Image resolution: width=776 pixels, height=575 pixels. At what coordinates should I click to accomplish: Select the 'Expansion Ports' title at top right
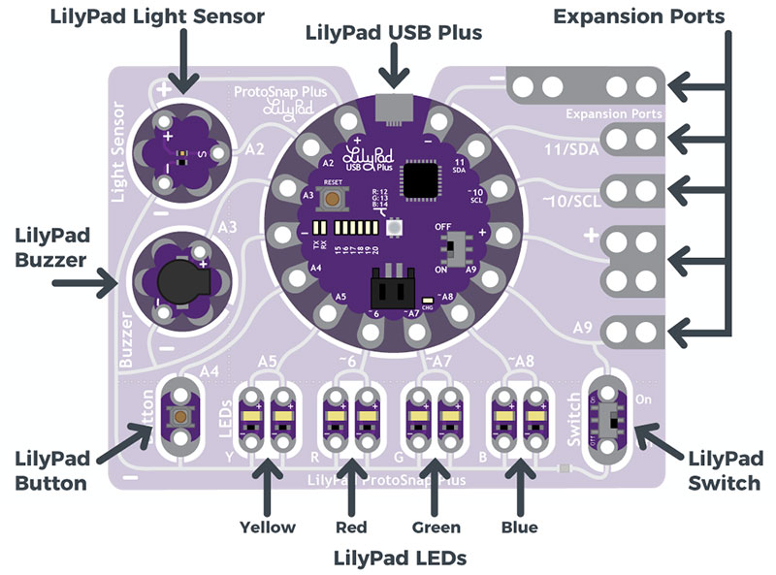coord(652,16)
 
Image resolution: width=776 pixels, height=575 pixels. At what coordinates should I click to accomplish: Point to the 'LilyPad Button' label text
coord(57,467)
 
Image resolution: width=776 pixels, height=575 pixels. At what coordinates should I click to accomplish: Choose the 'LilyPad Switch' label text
coord(723,467)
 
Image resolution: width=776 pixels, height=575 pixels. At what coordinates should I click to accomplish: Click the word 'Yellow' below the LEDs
coord(268,527)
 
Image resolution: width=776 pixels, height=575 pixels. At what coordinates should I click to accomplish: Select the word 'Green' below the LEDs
coord(436,527)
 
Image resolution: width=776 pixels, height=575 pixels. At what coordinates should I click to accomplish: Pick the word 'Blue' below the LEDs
coord(520,527)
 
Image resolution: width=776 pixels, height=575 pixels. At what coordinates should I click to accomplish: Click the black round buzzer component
coord(177,281)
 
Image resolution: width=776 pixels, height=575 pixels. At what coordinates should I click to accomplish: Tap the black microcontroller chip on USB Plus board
coord(421,179)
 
